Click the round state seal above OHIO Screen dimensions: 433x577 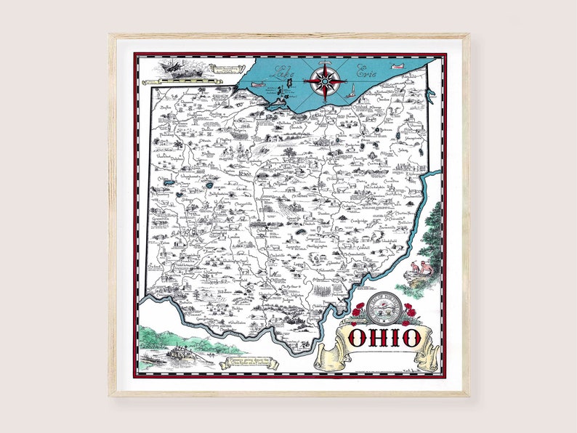(382, 312)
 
